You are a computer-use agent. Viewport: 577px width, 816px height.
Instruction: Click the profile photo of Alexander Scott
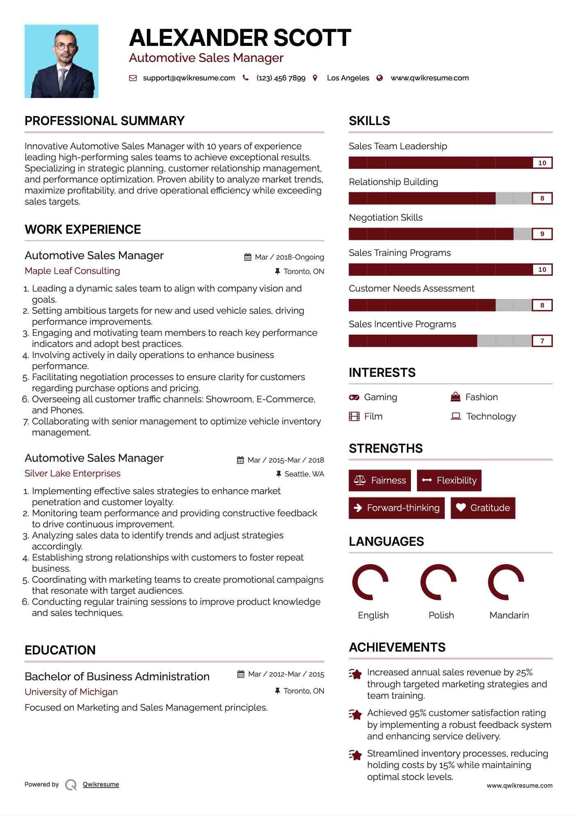pyautogui.click(x=62, y=61)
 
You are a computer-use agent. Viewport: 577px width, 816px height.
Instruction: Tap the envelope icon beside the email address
pyautogui.click(x=133, y=78)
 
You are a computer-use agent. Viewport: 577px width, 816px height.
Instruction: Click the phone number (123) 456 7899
pyautogui.click(x=281, y=78)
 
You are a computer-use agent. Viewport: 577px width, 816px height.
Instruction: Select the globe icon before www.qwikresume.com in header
pyautogui.click(x=380, y=78)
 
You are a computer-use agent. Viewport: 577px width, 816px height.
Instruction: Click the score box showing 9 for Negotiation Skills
pyautogui.click(x=542, y=234)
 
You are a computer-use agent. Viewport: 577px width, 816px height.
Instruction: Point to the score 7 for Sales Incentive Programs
pyautogui.click(x=542, y=341)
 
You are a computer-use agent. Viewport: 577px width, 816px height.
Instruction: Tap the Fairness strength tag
pyautogui.click(x=380, y=480)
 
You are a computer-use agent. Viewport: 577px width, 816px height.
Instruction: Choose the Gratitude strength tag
pyautogui.click(x=483, y=508)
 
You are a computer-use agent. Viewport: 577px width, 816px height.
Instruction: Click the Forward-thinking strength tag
pyautogui.click(x=397, y=508)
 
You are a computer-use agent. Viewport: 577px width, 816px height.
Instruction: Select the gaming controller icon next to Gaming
pyautogui.click(x=354, y=397)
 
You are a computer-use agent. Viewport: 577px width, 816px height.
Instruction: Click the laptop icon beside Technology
pyautogui.click(x=456, y=416)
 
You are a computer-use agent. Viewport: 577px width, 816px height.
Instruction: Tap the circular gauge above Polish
pyautogui.click(x=438, y=582)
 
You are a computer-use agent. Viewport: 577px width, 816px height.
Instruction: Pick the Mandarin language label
pyautogui.click(x=509, y=615)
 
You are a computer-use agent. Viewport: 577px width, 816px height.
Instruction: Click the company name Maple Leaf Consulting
pyautogui.click(x=72, y=271)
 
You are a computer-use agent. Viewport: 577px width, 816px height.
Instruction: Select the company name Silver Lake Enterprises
pyautogui.click(x=73, y=473)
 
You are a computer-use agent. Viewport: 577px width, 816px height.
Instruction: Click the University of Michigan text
pyautogui.click(x=71, y=692)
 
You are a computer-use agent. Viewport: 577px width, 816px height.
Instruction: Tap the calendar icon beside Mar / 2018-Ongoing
pyautogui.click(x=248, y=257)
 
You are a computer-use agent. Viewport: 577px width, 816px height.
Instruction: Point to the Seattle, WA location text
pyautogui.click(x=304, y=474)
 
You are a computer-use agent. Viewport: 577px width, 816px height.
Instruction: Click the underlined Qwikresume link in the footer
pyautogui.click(x=101, y=784)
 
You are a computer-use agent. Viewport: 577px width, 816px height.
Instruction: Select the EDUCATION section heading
pyautogui.click(x=60, y=650)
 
